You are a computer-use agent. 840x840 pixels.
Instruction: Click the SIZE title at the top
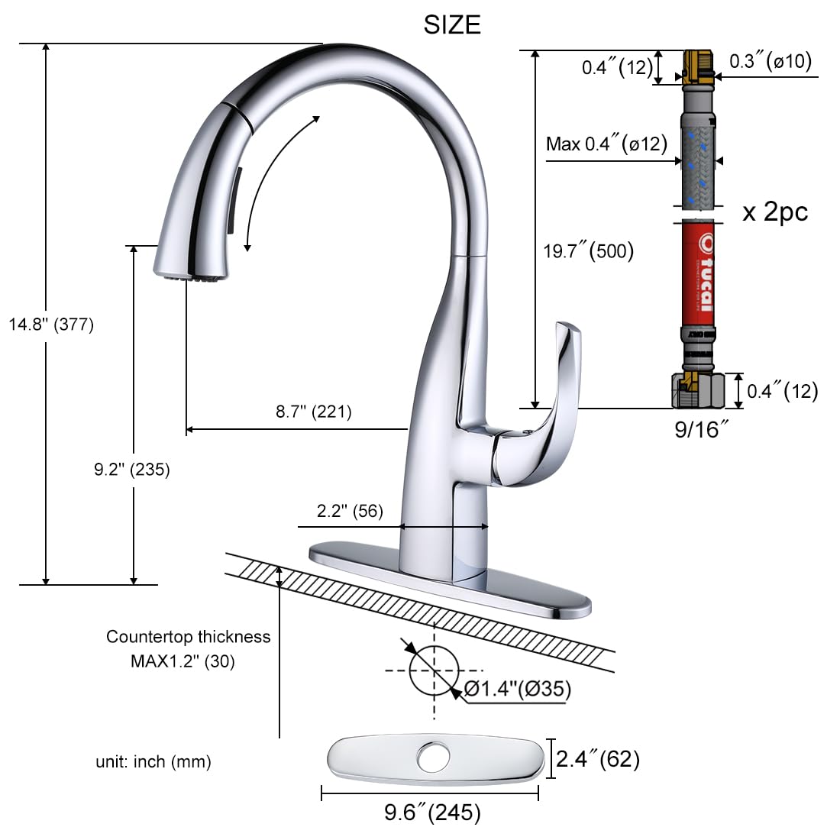[452, 24]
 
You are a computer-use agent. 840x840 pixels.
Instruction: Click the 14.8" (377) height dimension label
[51, 325]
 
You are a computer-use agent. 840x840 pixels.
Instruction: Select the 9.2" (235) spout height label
[132, 470]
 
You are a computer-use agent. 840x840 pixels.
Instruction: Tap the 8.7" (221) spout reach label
[314, 412]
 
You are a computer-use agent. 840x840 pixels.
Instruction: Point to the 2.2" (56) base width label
[351, 511]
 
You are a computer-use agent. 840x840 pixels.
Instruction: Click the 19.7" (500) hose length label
[588, 250]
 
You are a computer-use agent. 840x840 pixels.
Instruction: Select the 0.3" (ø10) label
[770, 62]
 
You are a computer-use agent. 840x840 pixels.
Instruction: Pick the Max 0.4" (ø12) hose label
[606, 144]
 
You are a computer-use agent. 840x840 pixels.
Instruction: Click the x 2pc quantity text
[775, 212]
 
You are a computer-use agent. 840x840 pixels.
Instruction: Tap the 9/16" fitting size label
[697, 430]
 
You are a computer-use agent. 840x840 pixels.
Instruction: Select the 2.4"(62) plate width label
[597, 759]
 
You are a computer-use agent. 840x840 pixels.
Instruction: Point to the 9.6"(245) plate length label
[432, 813]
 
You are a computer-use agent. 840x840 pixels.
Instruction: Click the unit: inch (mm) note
[153, 761]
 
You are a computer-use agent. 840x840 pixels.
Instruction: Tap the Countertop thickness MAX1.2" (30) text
[187, 648]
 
